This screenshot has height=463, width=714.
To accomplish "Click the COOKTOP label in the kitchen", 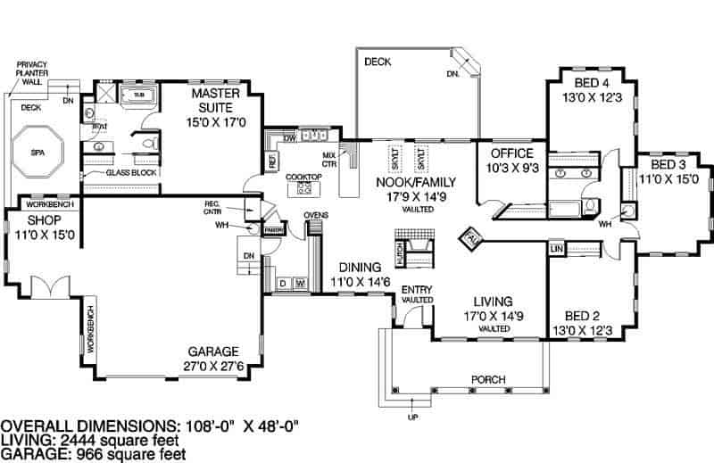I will [x=303, y=177].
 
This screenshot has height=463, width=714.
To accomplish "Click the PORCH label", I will [x=487, y=379].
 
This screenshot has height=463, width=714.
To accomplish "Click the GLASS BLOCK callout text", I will [x=131, y=172].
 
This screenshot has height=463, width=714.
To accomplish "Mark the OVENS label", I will [x=317, y=216].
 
